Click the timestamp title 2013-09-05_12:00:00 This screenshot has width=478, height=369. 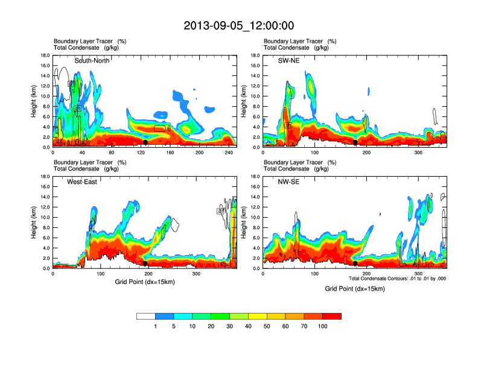239,26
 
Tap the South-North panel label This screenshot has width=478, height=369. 91,61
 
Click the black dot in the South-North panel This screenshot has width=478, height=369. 145,142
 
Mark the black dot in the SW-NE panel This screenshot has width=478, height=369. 355,142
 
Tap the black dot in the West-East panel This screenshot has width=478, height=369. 145,263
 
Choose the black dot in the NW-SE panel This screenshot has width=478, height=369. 355,263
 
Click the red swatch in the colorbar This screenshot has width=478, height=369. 332,316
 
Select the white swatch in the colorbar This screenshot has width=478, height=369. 145,316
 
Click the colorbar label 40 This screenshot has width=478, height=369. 248,326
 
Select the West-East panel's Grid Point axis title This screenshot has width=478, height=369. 143,282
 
